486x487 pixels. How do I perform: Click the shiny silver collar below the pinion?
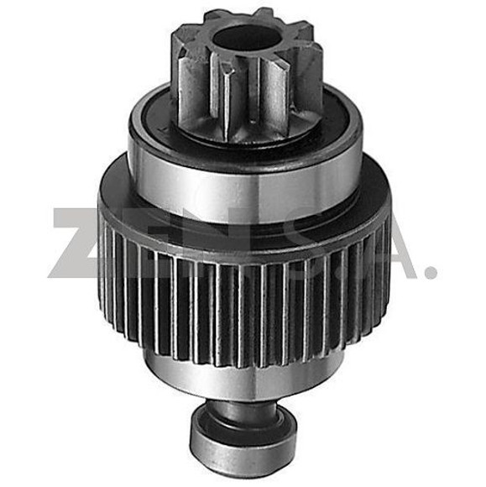(243, 172)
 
